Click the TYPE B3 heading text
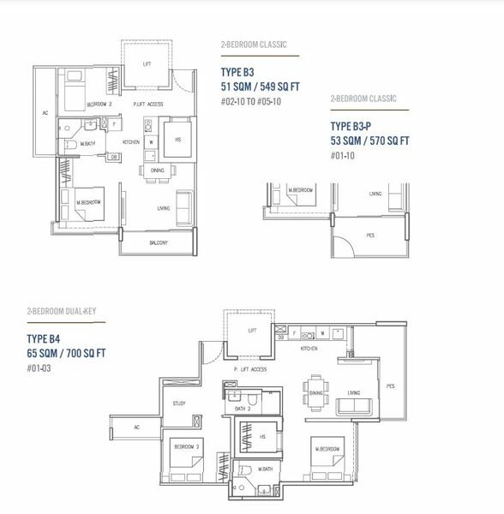point(237,73)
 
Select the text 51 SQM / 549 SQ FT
point(260,87)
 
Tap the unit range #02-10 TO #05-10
point(250,102)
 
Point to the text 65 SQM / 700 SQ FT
point(66,352)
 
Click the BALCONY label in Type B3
point(158,242)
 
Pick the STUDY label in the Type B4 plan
point(179,403)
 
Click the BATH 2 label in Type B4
point(242,409)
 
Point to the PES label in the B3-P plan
point(370,235)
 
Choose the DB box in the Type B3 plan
point(113,157)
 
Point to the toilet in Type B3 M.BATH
point(71,146)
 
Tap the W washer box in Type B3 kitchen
point(150,141)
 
